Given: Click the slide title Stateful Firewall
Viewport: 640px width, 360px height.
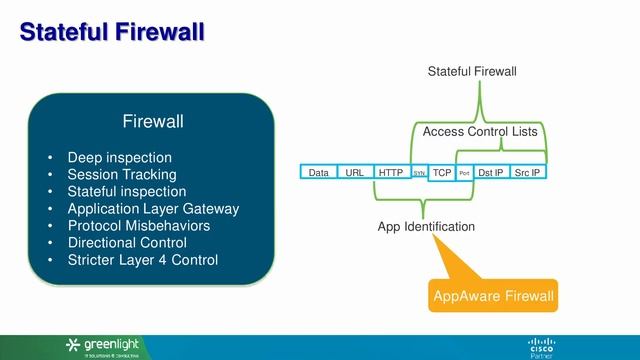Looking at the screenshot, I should [x=112, y=33].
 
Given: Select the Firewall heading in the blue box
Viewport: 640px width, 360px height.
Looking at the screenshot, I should [x=153, y=122].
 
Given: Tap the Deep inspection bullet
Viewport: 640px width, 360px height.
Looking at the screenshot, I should [x=119, y=157].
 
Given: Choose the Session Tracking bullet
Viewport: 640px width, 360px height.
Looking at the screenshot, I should [x=120, y=174].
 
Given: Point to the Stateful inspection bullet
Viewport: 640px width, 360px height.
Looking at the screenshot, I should [x=126, y=191].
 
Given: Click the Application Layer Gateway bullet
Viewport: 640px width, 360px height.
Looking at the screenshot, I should [x=153, y=209].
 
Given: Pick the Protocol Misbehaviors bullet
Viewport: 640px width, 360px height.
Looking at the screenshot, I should [x=138, y=226].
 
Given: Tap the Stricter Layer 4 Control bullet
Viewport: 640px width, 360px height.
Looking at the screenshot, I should [x=142, y=260].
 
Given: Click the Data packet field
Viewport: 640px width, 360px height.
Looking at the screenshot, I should [x=318, y=173].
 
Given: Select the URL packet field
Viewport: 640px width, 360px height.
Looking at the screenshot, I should [x=354, y=173].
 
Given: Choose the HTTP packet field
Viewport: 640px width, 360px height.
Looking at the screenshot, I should [x=391, y=173].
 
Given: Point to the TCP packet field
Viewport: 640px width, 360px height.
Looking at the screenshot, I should [x=441, y=173].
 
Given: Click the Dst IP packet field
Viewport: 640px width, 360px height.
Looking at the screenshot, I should [x=490, y=173].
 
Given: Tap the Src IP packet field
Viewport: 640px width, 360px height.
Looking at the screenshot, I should [x=527, y=173].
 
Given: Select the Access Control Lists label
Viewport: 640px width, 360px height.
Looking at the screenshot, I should [x=480, y=132].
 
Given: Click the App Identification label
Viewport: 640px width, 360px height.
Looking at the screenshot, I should [x=426, y=227].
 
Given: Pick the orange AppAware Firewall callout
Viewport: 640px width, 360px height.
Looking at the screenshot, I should [x=492, y=296].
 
